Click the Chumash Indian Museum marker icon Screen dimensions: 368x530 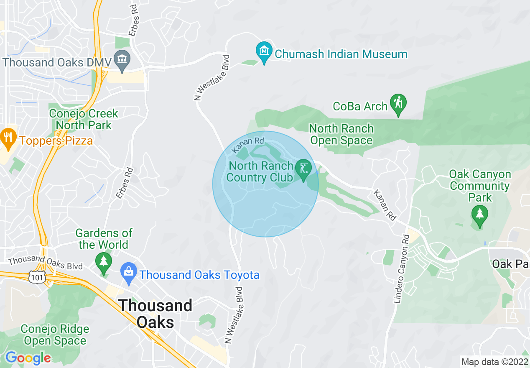coord(264,51)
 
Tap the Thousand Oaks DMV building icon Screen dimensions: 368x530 coord(122,60)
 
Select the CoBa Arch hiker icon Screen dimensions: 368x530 coord(398,103)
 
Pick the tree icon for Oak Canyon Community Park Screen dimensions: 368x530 coord(479,215)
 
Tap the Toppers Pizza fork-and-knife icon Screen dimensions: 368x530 coord(8,137)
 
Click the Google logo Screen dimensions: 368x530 coord(28,358)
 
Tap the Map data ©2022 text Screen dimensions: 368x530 coord(494,361)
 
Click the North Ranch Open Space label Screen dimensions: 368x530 coord(341,134)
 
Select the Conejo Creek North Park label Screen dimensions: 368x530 coord(84,119)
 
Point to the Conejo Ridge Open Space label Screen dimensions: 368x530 coord(55,335)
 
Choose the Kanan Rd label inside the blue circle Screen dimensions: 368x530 coord(248,144)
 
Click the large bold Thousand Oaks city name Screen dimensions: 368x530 coord(155,314)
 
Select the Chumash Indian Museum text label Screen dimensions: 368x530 coord(341,54)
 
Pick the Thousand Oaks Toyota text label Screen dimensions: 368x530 coord(199,275)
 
